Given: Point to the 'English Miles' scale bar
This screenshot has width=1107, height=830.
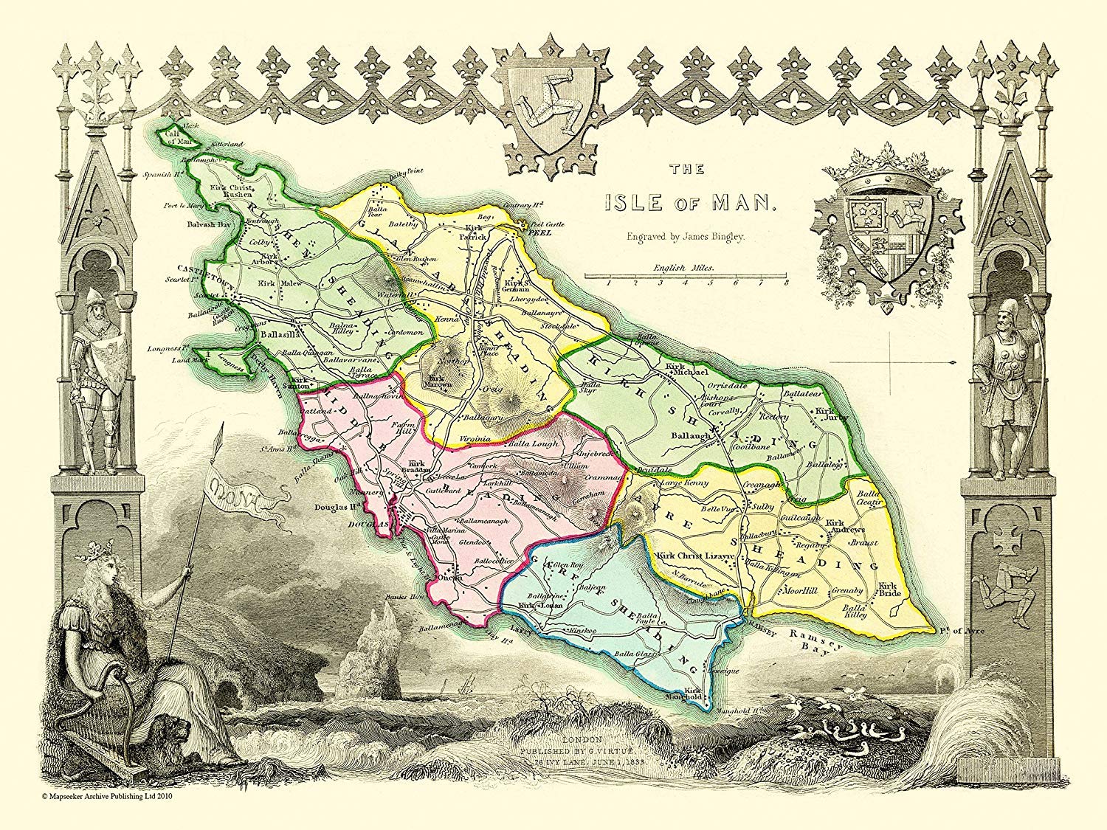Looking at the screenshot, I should point(686,275).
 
